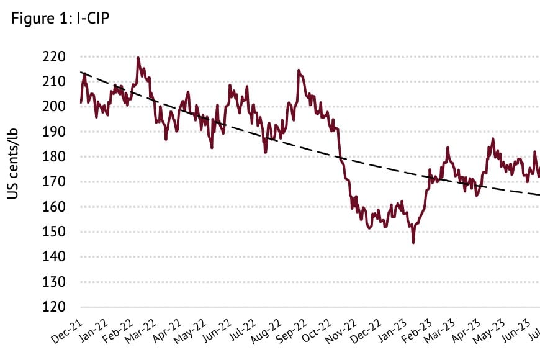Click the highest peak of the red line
click(138, 58)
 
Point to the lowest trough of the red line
click(413, 243)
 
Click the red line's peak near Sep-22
click(299, 70)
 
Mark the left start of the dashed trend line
click(81, 73)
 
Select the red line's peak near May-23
click(493, 139)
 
